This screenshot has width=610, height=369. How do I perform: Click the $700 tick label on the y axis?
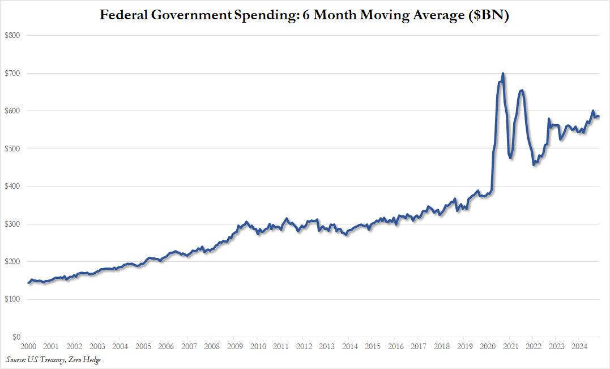(x=12, y=73)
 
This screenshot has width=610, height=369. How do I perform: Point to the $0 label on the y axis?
(x=16, y=337)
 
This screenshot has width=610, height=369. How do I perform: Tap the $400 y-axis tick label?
(x=12, y=186)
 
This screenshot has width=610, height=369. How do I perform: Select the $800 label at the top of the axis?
(x=12, y=35)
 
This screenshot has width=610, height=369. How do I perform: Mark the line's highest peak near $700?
(x=503, y=73)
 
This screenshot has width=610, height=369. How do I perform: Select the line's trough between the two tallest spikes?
(x=511, y=158)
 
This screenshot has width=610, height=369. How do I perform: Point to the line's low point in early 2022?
(x=534, y=164)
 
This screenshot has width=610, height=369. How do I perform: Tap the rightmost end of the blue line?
(x=599, y=117)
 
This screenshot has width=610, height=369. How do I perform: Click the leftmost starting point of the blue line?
(x=28, y=283)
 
